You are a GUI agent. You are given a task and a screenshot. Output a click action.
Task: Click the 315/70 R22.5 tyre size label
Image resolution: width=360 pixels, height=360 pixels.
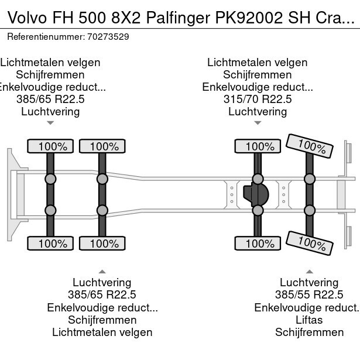(258, 100)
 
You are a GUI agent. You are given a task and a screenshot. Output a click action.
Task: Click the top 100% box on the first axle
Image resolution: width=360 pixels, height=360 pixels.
(52, 146)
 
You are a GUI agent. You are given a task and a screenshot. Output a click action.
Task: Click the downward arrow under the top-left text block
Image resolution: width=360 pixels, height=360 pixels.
(50, 123)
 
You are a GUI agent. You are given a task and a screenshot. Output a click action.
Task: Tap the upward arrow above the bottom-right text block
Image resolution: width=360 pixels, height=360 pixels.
(309, 271)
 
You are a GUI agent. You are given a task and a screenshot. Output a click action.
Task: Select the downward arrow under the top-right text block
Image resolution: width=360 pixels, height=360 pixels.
(258, 123)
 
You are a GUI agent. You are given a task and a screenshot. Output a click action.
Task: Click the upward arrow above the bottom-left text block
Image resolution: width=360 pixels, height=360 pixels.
(102, 271)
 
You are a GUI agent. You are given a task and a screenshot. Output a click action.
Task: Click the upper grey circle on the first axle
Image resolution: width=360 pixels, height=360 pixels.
(50, 179)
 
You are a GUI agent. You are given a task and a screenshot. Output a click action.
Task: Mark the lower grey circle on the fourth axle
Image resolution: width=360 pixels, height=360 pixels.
(309, 210)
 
